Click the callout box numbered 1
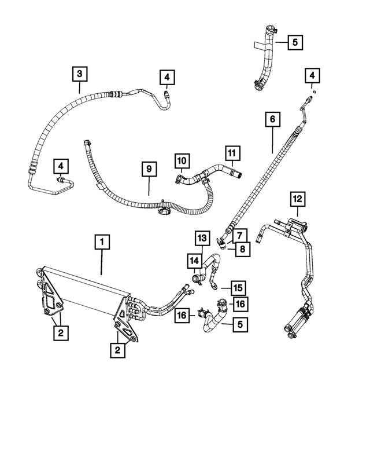102,242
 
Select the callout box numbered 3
79,74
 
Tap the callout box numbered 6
272,120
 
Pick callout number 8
240,249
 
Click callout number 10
182,160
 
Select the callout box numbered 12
297,200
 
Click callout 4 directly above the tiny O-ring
312,75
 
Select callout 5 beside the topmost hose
294,42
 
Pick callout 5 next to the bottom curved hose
239,325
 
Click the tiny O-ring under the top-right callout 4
313,91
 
